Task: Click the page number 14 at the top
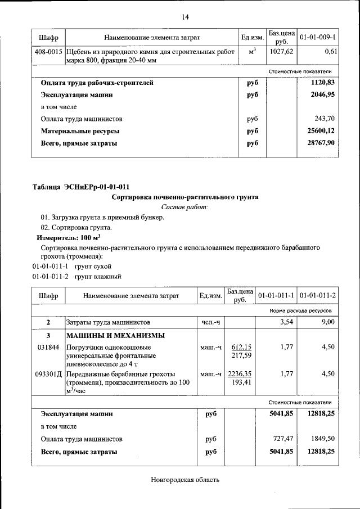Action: [185, 17]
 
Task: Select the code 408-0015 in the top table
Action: [48, 52]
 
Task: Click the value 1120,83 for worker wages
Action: [323, 83]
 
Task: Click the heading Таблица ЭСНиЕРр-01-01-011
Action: [84, 187]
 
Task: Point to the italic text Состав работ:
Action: [185, 208]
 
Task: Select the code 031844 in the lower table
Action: [48, 348]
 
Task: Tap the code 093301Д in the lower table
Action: [48, 374]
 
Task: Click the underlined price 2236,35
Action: [240, 374]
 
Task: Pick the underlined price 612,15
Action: [241, 348]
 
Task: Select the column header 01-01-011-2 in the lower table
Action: [317, 295]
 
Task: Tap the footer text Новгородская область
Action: [185, 480]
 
